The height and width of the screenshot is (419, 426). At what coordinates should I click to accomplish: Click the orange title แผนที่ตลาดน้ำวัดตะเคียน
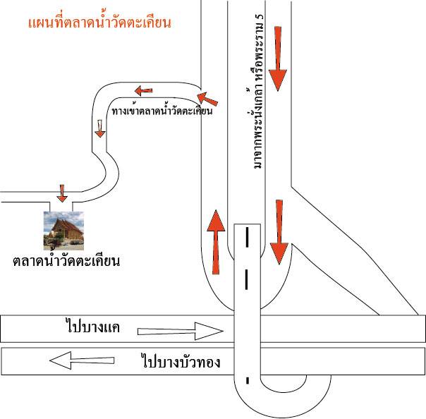99,22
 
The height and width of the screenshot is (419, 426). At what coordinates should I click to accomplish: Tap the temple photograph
63,231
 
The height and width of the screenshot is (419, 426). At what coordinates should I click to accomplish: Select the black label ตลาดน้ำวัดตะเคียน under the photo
66,260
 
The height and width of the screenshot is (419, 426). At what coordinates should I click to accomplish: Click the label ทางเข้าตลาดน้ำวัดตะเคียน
162,111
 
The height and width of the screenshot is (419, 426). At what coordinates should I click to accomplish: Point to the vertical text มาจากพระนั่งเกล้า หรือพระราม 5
258,91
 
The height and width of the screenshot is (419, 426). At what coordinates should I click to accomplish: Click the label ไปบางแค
93,327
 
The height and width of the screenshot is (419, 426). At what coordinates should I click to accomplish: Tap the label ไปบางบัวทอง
181,361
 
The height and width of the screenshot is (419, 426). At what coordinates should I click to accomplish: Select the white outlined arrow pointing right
181,332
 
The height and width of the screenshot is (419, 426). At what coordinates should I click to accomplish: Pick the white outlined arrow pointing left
82,360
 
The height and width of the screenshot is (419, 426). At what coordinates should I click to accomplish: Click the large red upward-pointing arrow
216,242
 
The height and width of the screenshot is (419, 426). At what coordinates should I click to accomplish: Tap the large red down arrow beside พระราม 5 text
278,59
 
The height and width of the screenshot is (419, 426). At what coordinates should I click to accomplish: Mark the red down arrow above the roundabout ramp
279,232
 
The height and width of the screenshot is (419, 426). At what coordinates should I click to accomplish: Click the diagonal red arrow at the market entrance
207,99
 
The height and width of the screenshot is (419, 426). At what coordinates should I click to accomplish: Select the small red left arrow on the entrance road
144,90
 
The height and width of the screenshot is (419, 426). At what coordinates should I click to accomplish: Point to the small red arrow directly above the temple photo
62,193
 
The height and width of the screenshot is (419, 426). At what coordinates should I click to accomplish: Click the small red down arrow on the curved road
100,128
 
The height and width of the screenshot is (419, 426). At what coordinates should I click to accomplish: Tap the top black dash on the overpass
247,238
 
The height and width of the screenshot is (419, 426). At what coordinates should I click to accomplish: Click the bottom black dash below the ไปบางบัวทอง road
248,381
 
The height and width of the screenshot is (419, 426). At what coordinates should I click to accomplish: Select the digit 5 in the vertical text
260,17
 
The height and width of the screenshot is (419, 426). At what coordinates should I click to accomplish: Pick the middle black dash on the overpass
247,279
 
